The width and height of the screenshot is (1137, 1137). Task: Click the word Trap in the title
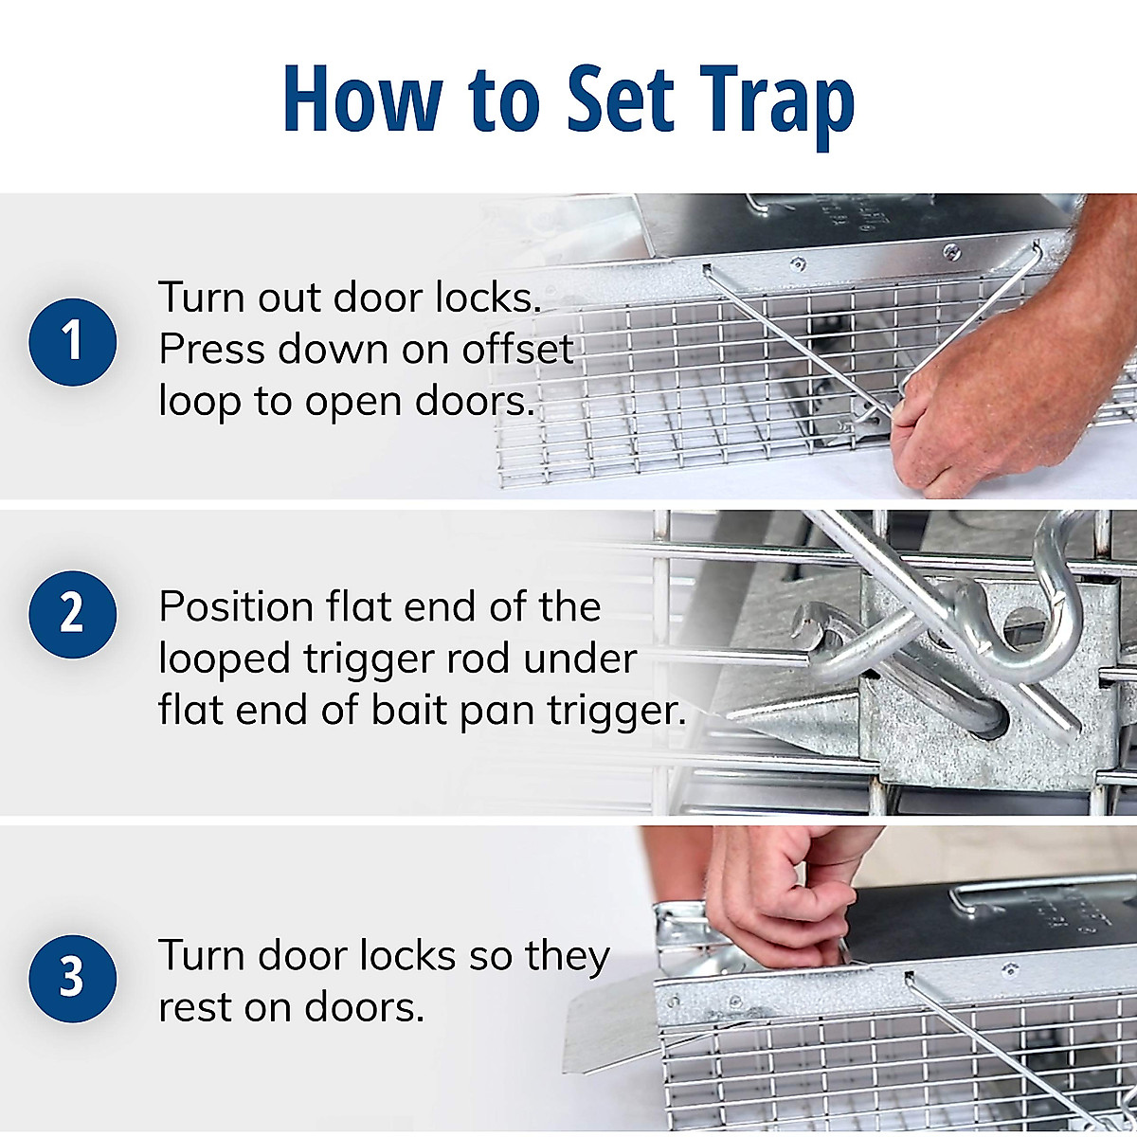click(777, 101)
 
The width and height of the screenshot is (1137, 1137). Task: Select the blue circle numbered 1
click(73, 341)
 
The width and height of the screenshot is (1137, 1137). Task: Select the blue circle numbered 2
click(73, 614)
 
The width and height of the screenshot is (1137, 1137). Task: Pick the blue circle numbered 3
click(73, 978)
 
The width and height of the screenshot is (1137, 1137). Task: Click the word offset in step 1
click(517, 349)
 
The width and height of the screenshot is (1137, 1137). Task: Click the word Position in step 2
click(236, 606)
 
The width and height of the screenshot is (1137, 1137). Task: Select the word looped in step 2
click(224, 659)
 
